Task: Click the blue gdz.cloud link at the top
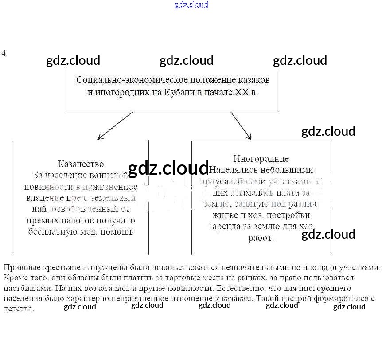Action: point(191,5)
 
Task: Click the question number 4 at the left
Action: point(4,53)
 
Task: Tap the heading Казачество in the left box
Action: point(81,164)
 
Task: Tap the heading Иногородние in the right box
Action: point(261,158)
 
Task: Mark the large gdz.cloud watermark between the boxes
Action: point(168,168)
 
